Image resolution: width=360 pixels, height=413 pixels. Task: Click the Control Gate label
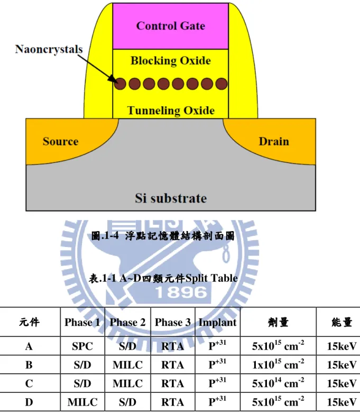(170, 26)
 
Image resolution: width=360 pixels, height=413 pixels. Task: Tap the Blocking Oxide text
(171, 61)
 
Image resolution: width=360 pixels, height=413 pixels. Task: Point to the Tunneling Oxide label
(171, 111)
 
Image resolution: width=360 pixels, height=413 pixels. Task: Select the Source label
(61, 141)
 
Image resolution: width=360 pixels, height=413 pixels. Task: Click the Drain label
(274, 141)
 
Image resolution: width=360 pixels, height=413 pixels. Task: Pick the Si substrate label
(171, 198)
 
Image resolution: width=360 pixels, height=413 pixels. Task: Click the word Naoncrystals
(49, 49)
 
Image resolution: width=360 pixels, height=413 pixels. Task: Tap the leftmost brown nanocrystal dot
(120, 84)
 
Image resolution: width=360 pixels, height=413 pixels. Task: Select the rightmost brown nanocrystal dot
(221, 84)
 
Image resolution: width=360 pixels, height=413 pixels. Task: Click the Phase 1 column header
(82, 322)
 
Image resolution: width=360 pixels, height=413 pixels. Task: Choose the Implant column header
(217, 323)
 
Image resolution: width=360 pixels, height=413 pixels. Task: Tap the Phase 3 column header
(172, 322)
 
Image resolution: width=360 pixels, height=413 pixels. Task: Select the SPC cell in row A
(82, 346)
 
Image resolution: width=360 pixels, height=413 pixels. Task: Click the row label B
(29, 365)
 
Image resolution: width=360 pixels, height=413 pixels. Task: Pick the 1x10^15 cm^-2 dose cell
(278, 364)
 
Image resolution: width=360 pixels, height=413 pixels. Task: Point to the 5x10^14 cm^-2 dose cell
(278, 382)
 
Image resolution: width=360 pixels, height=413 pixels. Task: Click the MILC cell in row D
(82, 402)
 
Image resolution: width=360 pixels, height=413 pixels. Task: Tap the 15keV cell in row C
(342, 383)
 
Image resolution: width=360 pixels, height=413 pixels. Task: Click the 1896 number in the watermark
(181, 292)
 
